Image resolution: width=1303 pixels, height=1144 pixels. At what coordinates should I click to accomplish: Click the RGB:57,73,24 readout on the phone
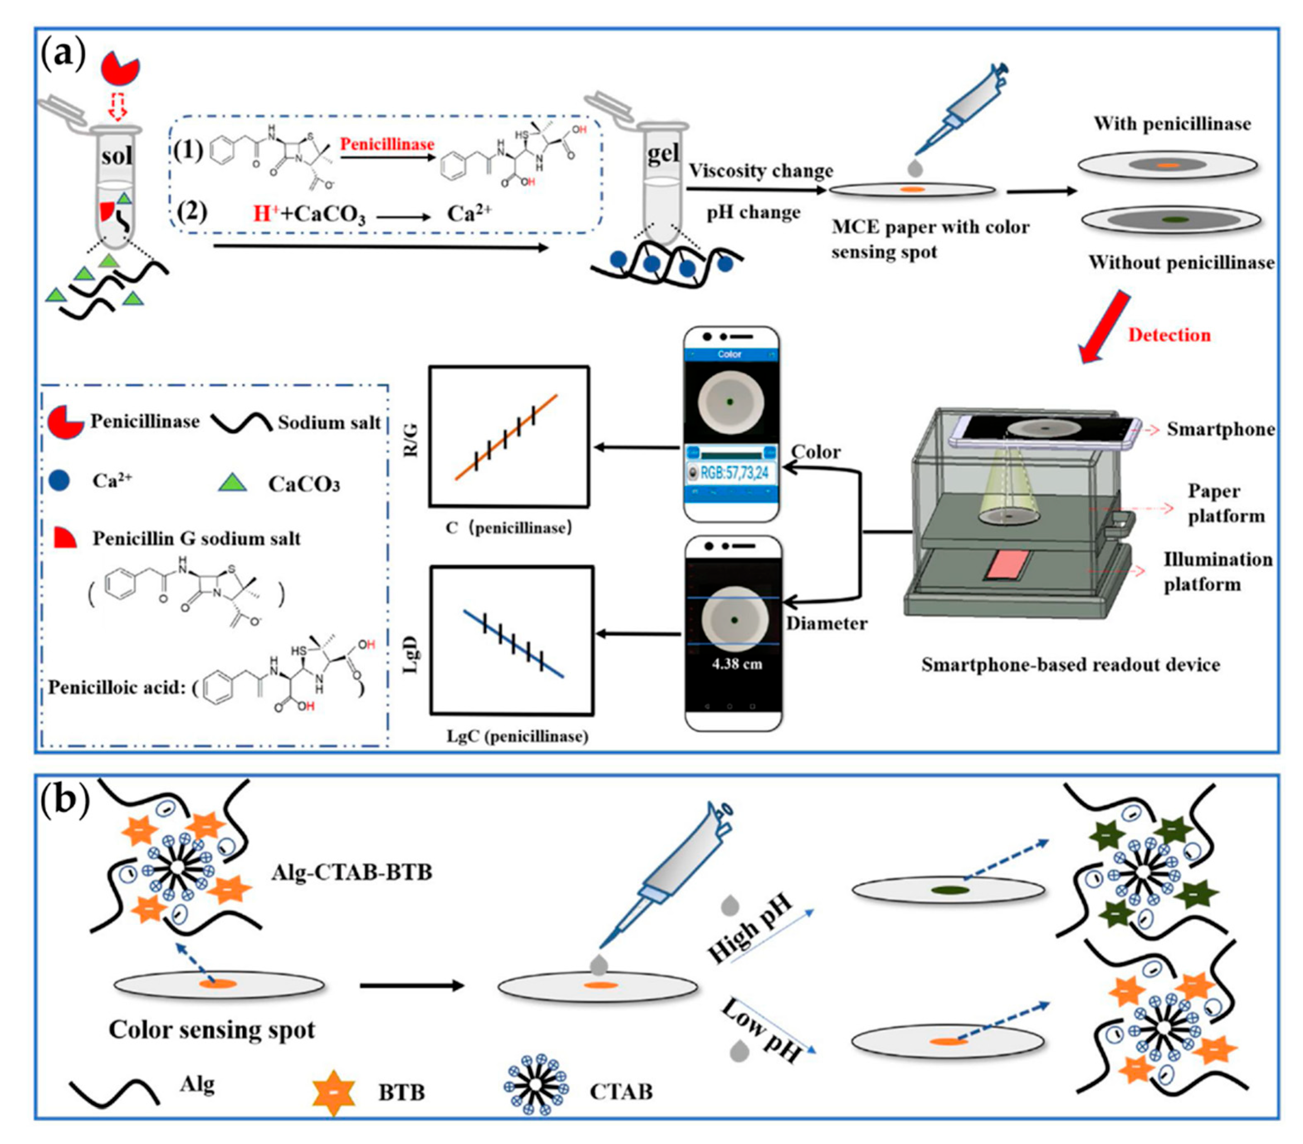pos(734,472)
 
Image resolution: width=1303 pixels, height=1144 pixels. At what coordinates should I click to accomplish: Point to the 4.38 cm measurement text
pos(736,663)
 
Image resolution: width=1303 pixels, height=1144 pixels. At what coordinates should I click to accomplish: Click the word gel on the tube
pos(664,153)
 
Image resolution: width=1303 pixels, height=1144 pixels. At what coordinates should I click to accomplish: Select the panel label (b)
pos(64,801)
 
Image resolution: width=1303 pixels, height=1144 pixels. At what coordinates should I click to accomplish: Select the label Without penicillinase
pos(1181,263)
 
